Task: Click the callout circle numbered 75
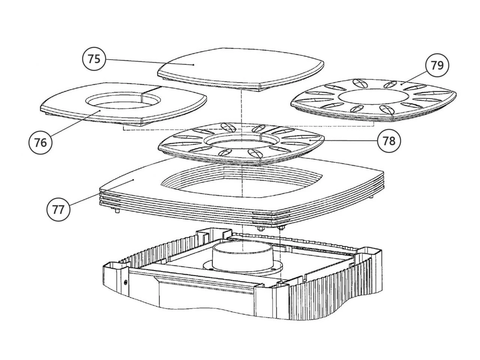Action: pyautogui.click(x=94, y=58)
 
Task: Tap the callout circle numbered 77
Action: pyautogui.click(x=58, y=210)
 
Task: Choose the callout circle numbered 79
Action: pyautogui.click(x=437, y=65)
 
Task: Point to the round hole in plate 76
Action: pyautogui.click(x=124, y=101)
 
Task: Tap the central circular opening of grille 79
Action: pyautogui.click(x=373, y=95)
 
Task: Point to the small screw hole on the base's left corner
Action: pyautogui.click(x=126, y=282)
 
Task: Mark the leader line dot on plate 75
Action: pyautogui.click(x=193, y=65)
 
